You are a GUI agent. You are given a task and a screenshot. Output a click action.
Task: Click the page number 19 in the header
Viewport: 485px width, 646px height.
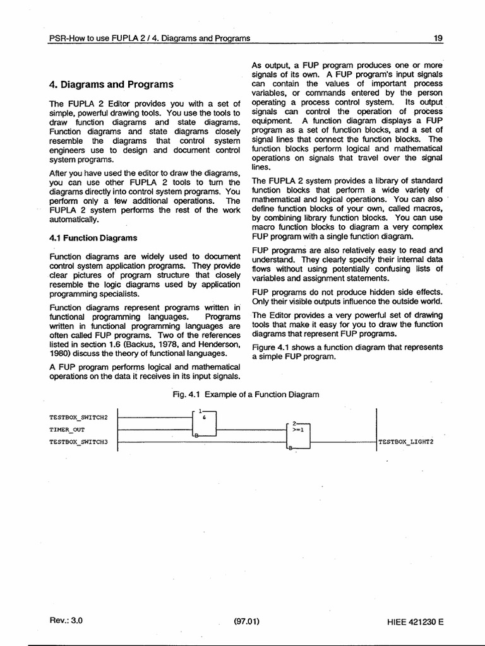pyautogui.click(x=438, y=38)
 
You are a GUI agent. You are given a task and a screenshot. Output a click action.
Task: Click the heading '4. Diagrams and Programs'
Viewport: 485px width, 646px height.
pyautogui.click(x=111, y=84)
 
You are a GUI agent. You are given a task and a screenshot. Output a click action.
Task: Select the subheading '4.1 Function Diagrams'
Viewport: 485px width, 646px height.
pyautogui.click(x=93, y=238)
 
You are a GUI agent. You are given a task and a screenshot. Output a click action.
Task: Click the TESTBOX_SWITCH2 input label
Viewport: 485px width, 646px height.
pyautogui.click(x=79, y=417)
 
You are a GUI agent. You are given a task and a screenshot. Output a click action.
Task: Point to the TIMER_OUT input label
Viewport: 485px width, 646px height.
pyautogui.click(x=67, y=429)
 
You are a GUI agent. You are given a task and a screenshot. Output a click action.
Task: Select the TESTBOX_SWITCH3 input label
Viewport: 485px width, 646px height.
pyautogui.click(x=79, y=442)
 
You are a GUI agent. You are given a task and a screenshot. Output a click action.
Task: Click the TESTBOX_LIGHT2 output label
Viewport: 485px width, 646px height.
pyautogui.click(x=406, y=442)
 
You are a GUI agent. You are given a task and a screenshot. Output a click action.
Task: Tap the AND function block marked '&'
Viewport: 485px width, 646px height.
pyautogui.click(x=205, y=423)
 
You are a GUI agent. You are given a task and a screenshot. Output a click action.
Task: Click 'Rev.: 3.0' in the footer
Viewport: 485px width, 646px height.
pyautogui.click(x=66, y=620)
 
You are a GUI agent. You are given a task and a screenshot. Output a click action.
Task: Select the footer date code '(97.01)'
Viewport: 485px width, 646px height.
pyautogui.click(x=246, y=621)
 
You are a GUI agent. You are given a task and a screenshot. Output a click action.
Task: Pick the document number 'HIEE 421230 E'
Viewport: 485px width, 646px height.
pyautogui.click(x=416, y=621)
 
